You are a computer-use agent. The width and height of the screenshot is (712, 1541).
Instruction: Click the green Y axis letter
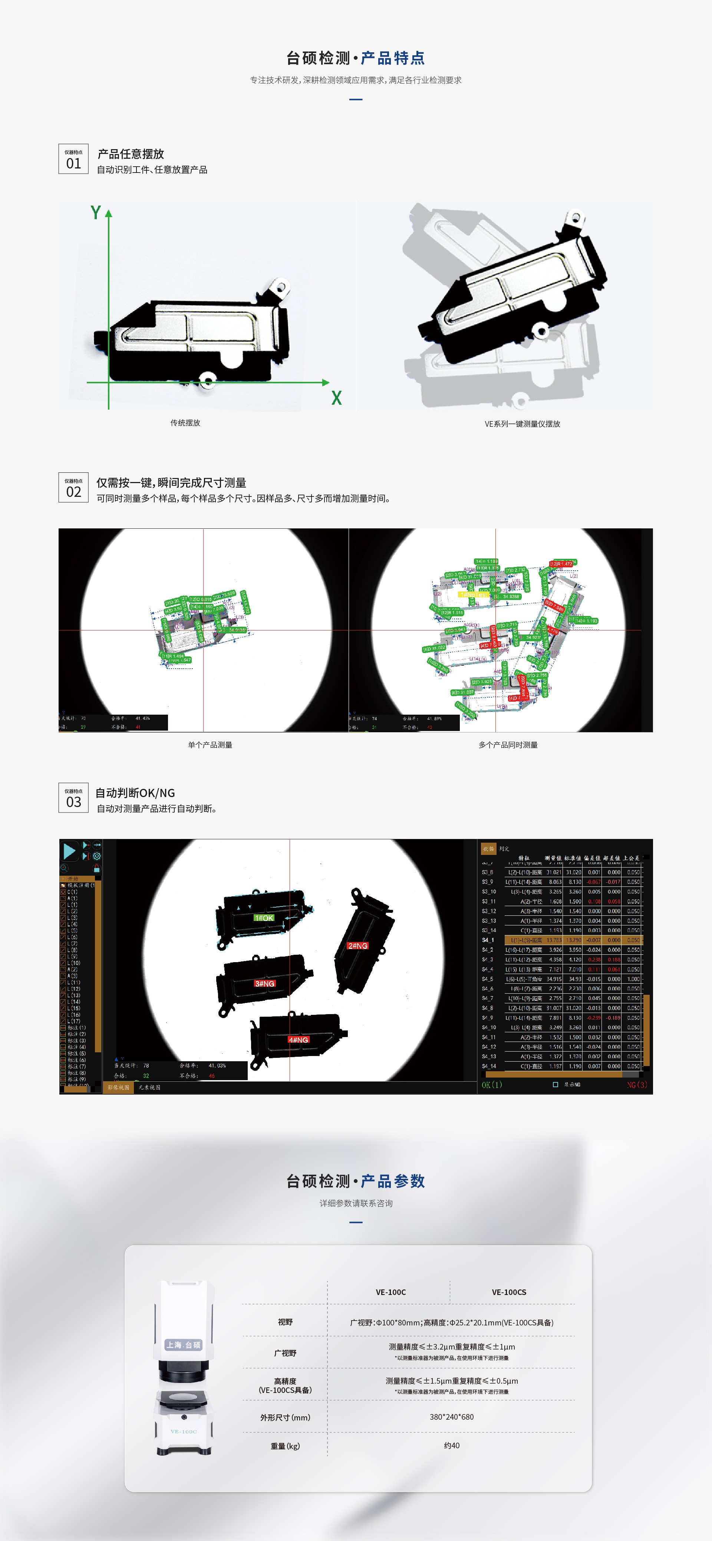click(96, 212)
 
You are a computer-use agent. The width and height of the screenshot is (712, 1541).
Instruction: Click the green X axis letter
click(337, 398)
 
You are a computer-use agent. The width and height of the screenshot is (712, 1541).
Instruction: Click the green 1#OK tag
click(264, 918)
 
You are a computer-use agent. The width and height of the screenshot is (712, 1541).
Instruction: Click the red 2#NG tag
click(357, 946)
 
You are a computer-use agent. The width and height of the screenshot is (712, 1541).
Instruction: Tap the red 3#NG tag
click(264, 983)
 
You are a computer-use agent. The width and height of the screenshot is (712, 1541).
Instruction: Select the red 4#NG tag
click(298, 1040)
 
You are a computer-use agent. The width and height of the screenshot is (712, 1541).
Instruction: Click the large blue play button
click(69, 851)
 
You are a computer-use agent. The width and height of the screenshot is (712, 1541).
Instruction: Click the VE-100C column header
click(390, 1292)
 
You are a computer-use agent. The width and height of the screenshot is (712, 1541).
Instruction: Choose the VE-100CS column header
click(509, 1292)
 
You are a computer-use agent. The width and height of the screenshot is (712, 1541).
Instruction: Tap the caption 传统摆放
click(185, 423)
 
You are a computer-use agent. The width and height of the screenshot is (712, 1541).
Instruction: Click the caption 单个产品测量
click(210, 745)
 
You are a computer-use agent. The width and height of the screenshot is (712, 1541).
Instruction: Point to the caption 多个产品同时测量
click(508, 745)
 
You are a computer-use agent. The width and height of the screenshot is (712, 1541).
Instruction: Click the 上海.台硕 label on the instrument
click(184, 1345)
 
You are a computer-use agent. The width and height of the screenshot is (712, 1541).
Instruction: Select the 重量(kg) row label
click(285, 1446)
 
